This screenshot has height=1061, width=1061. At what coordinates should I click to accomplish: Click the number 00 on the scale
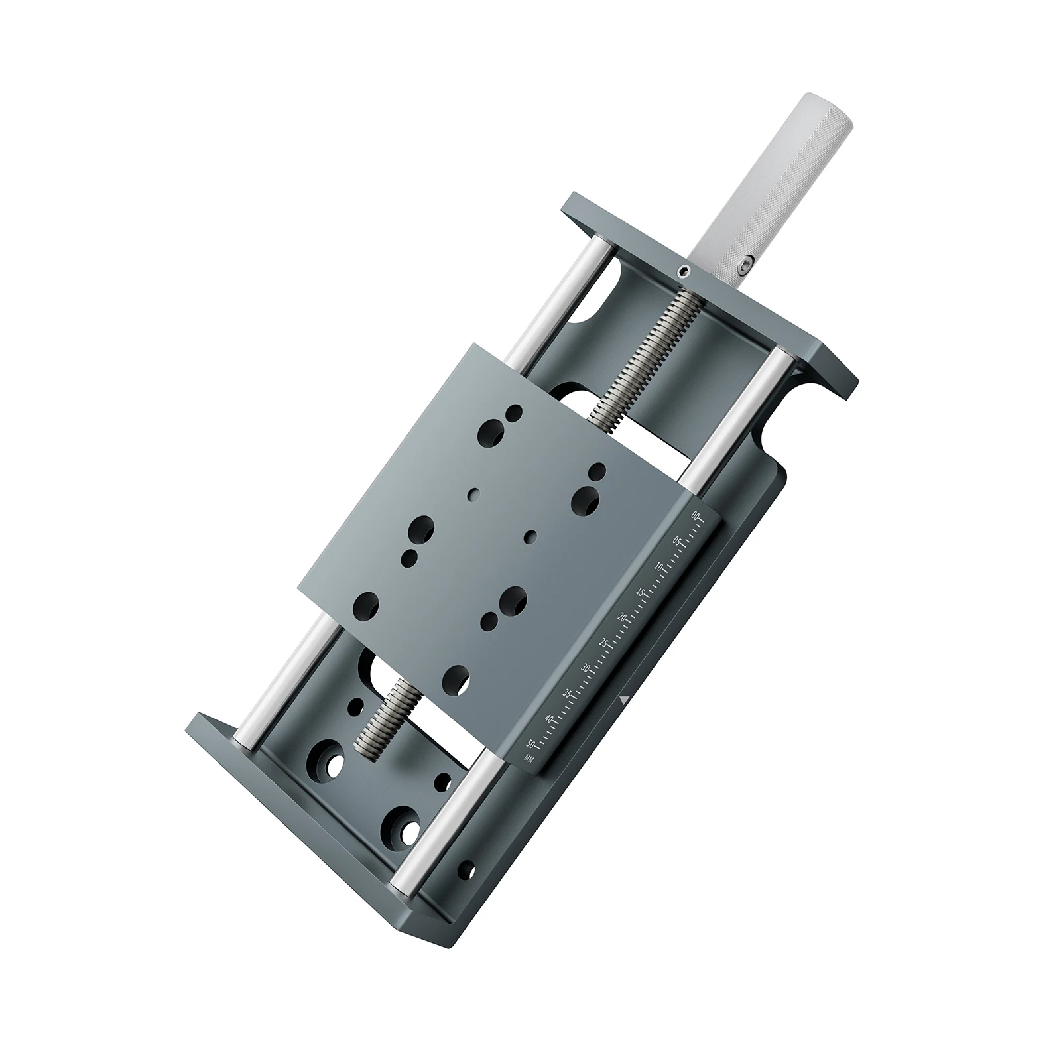pyautogui.click(x=694, y=515)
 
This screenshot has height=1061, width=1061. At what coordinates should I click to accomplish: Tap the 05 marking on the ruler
pyautogui.click(x=677, y=541)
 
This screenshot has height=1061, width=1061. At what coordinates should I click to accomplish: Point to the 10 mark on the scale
pyautogui.click(x=659, y=566)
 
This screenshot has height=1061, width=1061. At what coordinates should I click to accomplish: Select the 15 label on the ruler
pyautogui.click(x=641, y=592)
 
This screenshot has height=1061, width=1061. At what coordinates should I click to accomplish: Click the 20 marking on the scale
pyautogui.click(x=622, y=617)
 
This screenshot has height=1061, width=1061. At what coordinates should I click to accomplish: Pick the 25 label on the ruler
pyautogui.click(x=603, y=643)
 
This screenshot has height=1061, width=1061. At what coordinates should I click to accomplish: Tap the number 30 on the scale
pyautogui.click(x=585, y=668)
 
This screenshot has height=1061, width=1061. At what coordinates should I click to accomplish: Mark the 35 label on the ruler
pyautogui.click(x=566, y=694)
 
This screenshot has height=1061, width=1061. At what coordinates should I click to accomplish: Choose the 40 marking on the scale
pyautogui.click(x=548, y=719)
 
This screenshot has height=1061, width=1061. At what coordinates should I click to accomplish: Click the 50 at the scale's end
pyautogui.click(x=530, y=743)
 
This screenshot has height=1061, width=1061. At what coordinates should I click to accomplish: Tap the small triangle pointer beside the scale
pyautogui.click(x=623, y=699)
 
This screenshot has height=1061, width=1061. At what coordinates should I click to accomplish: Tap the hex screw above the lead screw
pyautogui.click(x=682, y=271)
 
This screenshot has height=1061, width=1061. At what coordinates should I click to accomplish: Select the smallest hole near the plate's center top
pyautogui.click(x=474, y=493)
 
